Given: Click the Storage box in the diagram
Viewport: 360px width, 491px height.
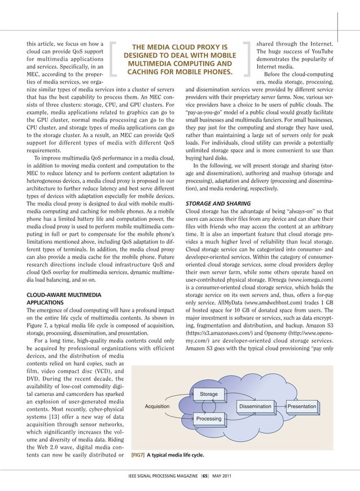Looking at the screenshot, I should click(209, 393).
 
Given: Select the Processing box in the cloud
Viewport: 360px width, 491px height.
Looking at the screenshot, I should click(209, 419).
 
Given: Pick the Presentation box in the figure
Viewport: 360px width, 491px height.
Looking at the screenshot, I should click(302, 406).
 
